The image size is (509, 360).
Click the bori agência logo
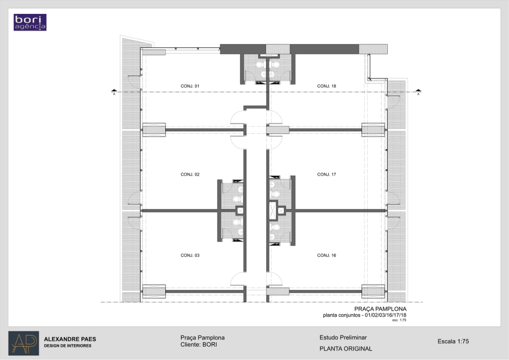(30, 22)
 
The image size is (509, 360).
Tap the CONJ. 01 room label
(190, 86)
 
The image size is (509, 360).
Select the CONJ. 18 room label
(327, 86)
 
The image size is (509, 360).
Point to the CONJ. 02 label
(190, 175)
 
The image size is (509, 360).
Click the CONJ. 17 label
(327, 175)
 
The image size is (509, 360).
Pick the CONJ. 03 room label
(190, 256)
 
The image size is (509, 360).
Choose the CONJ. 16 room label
(327, 256)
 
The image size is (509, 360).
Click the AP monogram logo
(24, 343)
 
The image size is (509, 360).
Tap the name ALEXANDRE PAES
(70, 339)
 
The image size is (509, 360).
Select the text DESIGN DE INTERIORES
(68, 346)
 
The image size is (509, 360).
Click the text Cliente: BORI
(199, 345)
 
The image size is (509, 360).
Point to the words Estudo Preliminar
(343, 338)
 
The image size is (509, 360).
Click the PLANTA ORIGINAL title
(346, 349)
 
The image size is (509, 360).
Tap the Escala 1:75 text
(453, 341)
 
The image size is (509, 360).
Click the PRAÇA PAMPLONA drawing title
(380, 309)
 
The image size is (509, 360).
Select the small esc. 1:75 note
(399, 320)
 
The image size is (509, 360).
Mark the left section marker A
(114, 92)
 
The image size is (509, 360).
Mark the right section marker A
(419, 92)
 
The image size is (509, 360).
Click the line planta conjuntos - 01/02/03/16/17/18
(364, 315)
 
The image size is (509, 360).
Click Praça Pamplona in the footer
(203, 338)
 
